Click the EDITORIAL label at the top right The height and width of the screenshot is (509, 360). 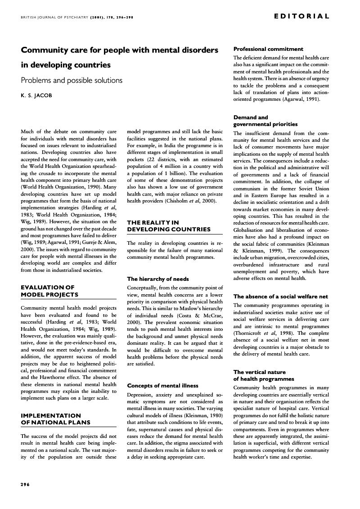click(301, 16)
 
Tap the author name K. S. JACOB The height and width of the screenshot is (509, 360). click(36, 95)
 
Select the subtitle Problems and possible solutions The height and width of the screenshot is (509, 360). click(72, 81)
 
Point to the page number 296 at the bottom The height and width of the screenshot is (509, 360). click(25, 484)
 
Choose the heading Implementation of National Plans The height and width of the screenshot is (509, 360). click(56, 419)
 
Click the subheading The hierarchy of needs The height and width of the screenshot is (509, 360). click(158, 279)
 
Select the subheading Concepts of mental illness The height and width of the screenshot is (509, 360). click(162, 386)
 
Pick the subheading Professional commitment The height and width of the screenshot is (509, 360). click(268, 49)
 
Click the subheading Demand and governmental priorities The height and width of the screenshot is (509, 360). click(265, 121)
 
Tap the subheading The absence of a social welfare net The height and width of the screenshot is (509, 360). click(280, 297)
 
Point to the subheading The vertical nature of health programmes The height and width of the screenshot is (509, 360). click(263, 375)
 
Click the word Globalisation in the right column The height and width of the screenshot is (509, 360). click(250, 230)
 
